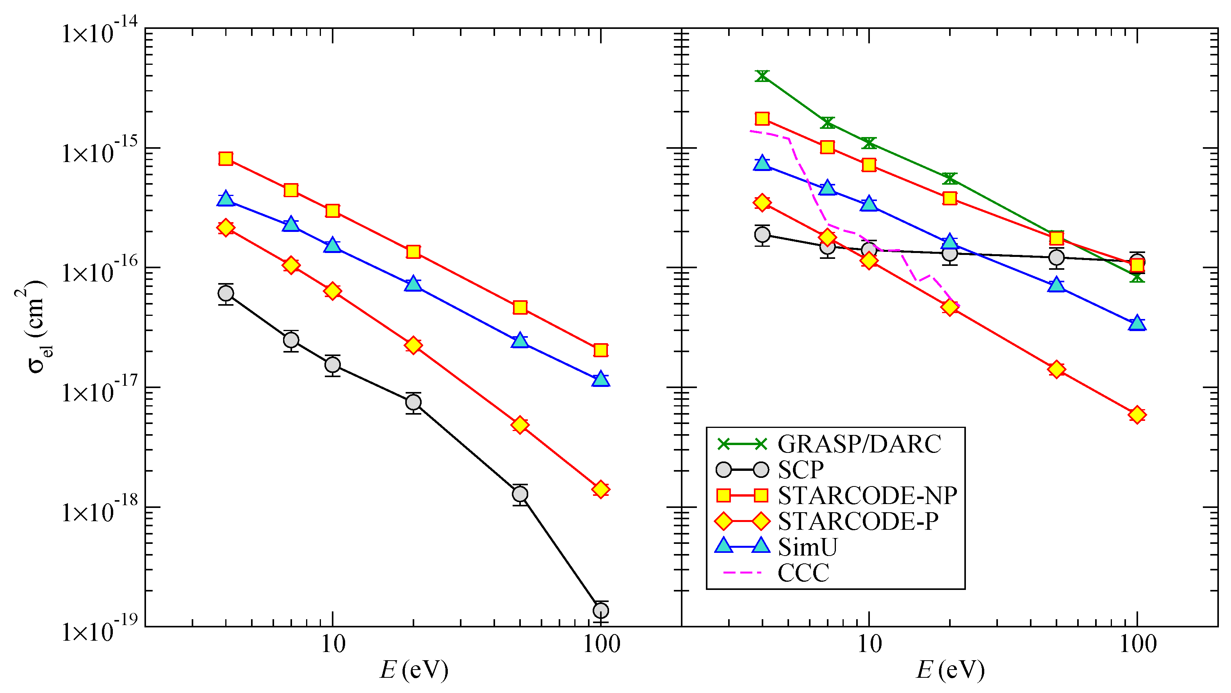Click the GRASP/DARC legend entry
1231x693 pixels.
click(859, 444)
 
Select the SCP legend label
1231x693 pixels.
click(800, 470)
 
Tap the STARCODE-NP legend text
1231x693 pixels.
click(868, 495)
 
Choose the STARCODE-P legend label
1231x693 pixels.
click(858, 522)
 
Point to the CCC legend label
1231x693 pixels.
click(803, 573)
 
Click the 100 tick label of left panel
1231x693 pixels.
click(601, 644)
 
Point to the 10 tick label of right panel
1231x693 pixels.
click(869, 644)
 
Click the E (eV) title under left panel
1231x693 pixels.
click(414, 670)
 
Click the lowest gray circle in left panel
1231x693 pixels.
click(601, 610)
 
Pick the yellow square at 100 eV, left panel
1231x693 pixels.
click(601, 350)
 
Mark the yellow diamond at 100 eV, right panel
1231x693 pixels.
click(1137, 414)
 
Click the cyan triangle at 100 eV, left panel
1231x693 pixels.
click(601, 379)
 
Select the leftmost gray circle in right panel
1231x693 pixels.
click(762, 235)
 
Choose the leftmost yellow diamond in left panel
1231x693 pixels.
click(226, 228)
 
